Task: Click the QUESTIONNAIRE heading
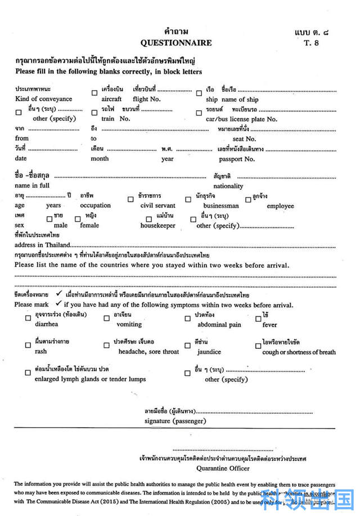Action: click(x=176, y=43)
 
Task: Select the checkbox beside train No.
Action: click(x=94, y=113)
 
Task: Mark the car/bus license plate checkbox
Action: click(x=199, y=113)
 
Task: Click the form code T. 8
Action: click(x=311, y=43)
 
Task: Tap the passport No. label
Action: click(x=237, y=159)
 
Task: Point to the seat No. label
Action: click(x=244, y=139)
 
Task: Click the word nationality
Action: click(x=228, y=186)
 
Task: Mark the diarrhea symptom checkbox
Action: click(x=28, y=318)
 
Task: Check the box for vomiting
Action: click(x=106, y=318)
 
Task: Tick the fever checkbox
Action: click(x=258, y=318)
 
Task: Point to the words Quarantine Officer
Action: click(x=223, y=468)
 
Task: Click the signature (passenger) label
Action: click(x=175, y=421)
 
